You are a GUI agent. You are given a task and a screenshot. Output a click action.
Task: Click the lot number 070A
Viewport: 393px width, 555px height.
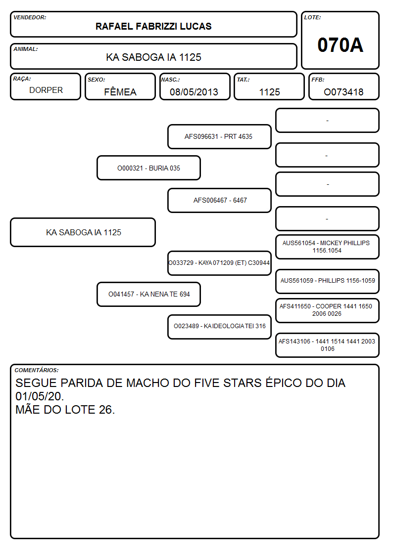(340, 45)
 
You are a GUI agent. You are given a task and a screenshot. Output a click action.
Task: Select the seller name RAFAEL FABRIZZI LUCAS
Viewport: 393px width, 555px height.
(153, 26)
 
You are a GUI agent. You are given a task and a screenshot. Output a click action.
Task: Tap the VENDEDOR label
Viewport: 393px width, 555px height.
(30, 17)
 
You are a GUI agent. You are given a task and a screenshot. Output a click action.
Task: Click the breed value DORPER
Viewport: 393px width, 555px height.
(46, 90)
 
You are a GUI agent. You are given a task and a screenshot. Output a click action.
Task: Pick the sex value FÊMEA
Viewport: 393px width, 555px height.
(120, 91)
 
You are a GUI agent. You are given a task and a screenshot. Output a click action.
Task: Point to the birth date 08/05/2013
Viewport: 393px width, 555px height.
(194, 92)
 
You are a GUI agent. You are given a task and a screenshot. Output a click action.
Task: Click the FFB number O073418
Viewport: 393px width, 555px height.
(344, 92)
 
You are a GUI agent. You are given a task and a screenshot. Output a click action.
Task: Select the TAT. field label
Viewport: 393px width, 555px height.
(243, 80)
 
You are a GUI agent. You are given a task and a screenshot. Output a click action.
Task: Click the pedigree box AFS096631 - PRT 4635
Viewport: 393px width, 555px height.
(219, 136)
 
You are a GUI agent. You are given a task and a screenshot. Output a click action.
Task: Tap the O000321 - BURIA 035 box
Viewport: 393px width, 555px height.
(148, 168)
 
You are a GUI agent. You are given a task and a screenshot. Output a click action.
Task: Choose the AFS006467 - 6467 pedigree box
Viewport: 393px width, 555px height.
(219, 200)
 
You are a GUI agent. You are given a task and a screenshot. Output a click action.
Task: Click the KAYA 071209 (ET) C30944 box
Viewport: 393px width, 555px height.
(219, 263)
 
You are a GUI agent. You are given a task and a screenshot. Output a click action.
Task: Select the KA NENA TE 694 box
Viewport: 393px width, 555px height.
(148, 294)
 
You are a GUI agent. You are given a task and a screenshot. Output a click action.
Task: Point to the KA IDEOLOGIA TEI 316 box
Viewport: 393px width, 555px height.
(219, 326)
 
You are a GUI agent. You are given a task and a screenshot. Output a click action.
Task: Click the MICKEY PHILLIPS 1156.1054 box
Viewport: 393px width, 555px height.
(327, 247)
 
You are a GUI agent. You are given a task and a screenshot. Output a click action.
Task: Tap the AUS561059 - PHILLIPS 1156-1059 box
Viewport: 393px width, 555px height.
(327, 281)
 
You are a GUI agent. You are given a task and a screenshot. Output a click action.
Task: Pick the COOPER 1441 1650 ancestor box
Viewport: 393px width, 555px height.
(327, 310)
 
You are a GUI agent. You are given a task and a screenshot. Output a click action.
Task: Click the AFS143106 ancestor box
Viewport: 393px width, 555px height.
(327, 345)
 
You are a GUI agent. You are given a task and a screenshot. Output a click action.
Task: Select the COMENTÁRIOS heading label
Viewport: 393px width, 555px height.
(37, 370)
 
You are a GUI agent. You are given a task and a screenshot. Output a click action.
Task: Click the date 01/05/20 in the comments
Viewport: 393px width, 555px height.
(40, 396)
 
